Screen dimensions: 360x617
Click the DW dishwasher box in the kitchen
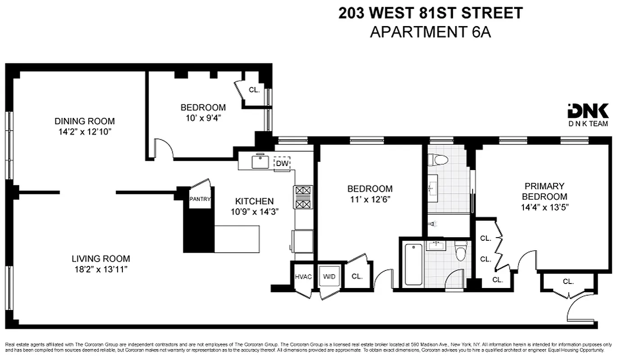click(282, 163)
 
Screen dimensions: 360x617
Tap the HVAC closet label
click(303, 277)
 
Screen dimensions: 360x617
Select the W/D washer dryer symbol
click(327, 277)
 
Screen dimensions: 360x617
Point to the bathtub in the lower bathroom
click(413, 264)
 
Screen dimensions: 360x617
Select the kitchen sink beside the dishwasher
click(260, 161)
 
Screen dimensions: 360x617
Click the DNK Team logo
click(588, 115)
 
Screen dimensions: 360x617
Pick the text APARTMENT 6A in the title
click(430, 32)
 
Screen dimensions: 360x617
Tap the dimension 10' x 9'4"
click(203, 118)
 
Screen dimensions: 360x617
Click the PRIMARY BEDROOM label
click(544, 191)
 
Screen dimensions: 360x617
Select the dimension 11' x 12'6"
click(369, 199)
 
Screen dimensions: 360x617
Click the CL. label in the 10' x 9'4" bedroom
click(254, 90)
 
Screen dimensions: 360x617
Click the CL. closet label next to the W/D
click(356, 277)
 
